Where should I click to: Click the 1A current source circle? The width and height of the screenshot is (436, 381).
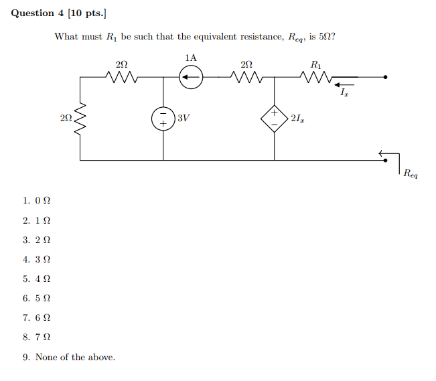click(191, 78)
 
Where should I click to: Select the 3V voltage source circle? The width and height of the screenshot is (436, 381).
click(163, 119)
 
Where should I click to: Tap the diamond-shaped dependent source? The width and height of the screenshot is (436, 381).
click(275, 118)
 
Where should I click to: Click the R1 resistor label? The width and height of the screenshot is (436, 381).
click(316, 65)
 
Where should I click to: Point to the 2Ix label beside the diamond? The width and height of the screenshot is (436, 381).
click(298, 119)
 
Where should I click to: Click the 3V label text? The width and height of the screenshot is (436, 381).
click(184, 119)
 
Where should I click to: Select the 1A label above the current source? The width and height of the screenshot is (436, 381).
click(191, 58)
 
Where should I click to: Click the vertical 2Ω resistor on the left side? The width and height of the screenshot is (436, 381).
click(80, 119)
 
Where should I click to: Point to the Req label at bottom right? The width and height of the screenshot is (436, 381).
click(410, 173)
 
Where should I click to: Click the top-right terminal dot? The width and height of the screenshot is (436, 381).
click(385, 78)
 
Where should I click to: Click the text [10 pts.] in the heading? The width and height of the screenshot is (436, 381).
click(86, 13)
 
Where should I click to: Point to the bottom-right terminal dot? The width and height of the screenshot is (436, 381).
click(385, 160)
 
